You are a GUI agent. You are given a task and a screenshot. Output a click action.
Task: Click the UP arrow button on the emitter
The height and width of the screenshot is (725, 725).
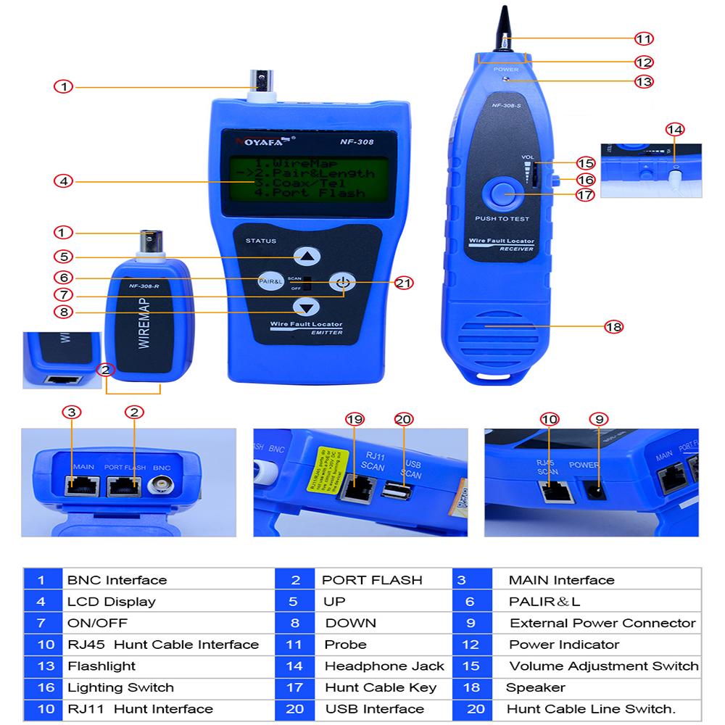click(x=309, y=255)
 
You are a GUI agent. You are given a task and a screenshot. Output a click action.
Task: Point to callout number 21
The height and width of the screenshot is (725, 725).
click(x=402, y=283)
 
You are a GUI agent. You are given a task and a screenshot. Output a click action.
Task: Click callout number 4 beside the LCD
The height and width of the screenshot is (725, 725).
click(x=65, y=181)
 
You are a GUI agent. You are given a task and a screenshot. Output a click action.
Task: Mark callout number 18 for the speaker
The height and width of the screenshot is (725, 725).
click(x=613, y=327)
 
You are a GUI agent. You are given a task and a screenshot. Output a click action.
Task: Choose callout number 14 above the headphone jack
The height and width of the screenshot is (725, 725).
click(x=674, y=130)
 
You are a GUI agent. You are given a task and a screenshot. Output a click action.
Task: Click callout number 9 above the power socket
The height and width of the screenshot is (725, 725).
click(x=599, y=419)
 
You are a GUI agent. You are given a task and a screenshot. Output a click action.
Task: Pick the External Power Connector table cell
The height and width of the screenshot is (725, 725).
click(x=602, y=623)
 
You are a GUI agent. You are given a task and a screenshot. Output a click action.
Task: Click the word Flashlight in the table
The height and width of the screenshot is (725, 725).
click(x=101, y=666)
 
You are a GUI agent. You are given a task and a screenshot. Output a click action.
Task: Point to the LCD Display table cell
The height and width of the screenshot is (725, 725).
click(x=112, y=601)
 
